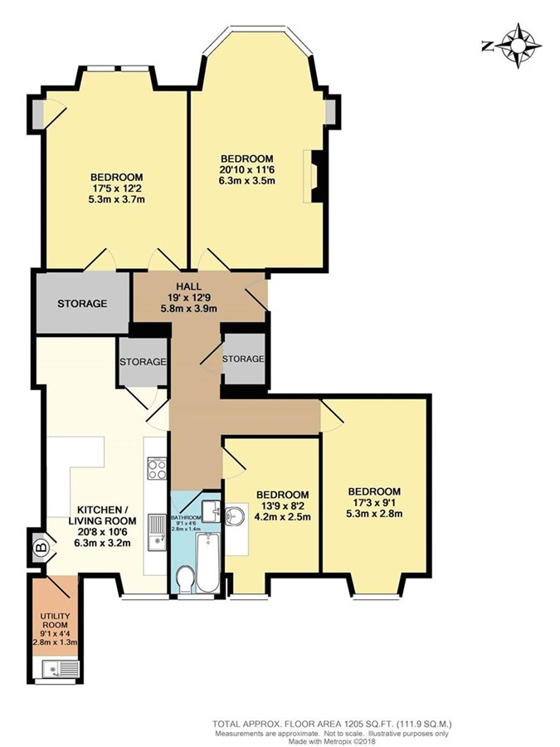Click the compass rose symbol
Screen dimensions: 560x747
click(518, 46)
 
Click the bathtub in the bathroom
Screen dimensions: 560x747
click(208, 563)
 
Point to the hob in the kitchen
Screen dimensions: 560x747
click(157, 468)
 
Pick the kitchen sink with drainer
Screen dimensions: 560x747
click(157, 532)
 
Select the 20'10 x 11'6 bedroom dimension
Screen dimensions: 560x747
click(246, 169)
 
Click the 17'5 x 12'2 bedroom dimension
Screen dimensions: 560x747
click(117, 188)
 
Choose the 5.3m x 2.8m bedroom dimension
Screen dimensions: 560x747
click(374, 513)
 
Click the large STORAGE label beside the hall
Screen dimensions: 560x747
click(82, 304)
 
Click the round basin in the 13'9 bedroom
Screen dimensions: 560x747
click(234, 515)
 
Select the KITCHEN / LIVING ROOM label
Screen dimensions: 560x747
click(102, 515)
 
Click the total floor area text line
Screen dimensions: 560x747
click(332, 723)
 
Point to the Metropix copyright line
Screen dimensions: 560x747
click(332, 741)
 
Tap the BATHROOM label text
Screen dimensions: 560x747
click(186, 518)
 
